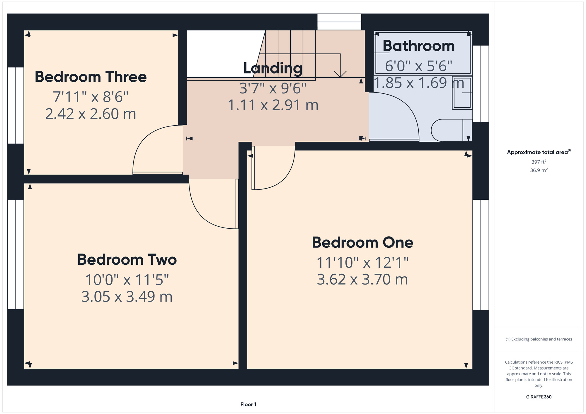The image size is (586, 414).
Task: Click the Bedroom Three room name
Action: click(91, 77)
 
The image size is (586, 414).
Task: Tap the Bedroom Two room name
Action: click(127, 259)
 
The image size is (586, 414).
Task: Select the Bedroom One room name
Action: click(362, 242)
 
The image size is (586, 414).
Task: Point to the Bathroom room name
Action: click(419, 46)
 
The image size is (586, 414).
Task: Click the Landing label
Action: click(273, 68)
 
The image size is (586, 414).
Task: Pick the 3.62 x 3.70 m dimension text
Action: click(362, 279)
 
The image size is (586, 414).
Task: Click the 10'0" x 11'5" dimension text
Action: click(127, 280)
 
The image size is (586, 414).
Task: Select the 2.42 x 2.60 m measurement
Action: click(91, 114)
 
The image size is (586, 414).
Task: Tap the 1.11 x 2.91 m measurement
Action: click(273, 105)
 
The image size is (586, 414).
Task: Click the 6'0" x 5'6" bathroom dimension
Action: click(419, 66)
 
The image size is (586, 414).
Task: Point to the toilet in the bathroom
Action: click(451, 130)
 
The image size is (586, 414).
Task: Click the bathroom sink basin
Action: click(462, 93)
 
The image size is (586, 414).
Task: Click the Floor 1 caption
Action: click(248, 404)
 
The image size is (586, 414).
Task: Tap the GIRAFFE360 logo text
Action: click(539, 397)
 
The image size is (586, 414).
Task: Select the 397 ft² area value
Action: click(539, 162)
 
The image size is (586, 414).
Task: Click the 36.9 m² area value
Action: click(539, 170)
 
